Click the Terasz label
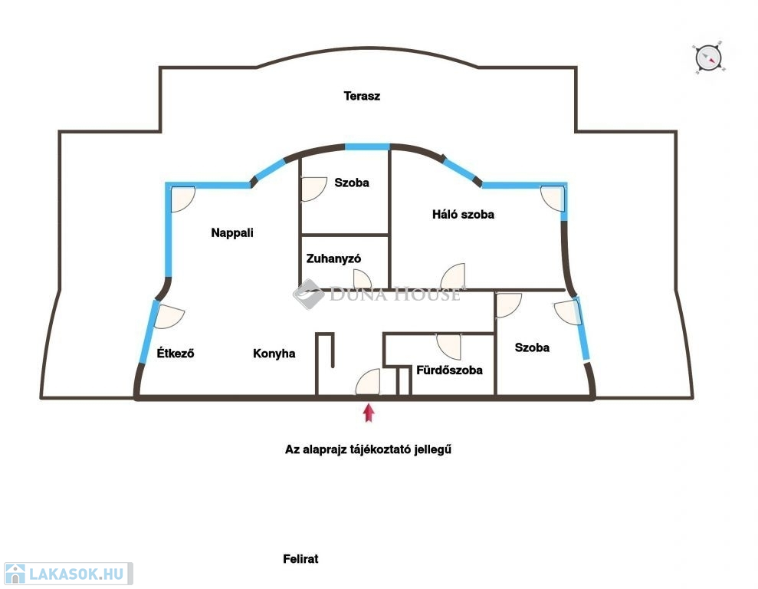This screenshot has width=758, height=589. [362, 97]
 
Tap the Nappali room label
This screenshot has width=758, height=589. [232, 233]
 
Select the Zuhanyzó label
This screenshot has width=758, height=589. [333, 259]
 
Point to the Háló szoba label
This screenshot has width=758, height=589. [463, 215]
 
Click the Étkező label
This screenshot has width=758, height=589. [175, 354]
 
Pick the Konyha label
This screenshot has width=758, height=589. [274, 354]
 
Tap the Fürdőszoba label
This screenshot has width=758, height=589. [449, 370]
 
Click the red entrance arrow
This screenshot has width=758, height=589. [369, 413]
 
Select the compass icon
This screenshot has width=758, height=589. [708, 57]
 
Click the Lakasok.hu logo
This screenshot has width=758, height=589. [67, 574]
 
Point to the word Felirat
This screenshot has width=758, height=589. [300, 559]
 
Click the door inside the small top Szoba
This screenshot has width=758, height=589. [312, 189]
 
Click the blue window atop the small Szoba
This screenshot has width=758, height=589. [367, 146]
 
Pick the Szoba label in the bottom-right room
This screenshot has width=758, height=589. [532, 347]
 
